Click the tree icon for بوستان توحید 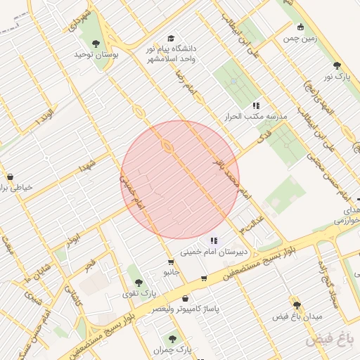tap(96, 44)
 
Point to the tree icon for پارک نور tap(337, 65)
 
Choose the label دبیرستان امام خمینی tap(211, 251)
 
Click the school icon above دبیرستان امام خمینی tap(214, 240)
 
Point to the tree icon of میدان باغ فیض tap(297, 305)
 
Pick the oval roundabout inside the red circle tap(167, 146)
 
